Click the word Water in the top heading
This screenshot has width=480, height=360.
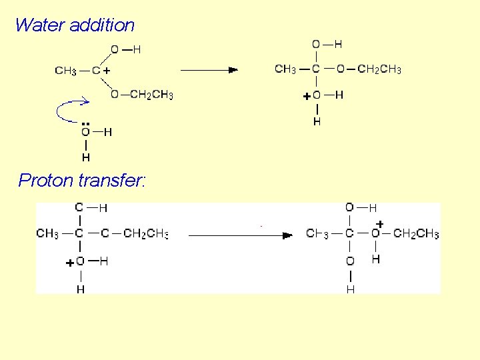[x=37, y=25]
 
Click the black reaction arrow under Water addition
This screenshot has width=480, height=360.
[x=209, y=69]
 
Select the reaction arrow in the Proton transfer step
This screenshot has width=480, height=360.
[x=241, y=235]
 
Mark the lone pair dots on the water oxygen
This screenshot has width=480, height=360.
[x=85, y=124]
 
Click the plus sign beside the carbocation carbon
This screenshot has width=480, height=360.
[x=107, y=70]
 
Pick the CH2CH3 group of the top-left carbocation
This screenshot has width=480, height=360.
[x=151, y=95]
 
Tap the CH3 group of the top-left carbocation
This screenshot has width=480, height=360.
[x=65, y=70]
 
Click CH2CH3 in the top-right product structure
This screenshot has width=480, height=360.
[x=379, y=69]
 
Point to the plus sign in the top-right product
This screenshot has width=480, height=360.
[x=306, y=96]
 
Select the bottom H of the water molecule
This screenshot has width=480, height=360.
[x=85, y=158]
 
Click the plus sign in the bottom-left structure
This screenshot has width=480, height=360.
[x=69, y=263]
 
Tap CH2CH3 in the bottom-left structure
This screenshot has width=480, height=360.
[x=145, y=234]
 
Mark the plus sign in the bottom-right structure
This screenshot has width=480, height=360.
[x=379, y=223]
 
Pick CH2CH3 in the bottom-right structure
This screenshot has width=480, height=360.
[x=416, y=234]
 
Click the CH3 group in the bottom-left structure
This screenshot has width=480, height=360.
[x=47, y=234]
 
